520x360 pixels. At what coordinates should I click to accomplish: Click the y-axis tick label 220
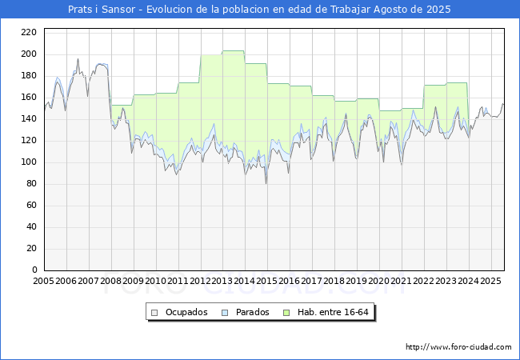point(29,32)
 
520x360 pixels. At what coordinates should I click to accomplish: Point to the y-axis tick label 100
point(29,162)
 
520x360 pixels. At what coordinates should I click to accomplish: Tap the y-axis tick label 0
point(34,270)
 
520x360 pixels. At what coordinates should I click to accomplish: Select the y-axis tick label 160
point(29,97)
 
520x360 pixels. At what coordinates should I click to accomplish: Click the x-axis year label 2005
point(43,281)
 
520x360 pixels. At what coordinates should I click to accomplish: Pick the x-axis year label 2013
point(222,281)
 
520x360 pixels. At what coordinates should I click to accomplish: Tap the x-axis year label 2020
point(378,281)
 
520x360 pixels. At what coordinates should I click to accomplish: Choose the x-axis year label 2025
point(490,281)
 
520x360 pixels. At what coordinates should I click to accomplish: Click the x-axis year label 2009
point(133,281)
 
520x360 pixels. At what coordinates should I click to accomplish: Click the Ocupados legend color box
point(154,313)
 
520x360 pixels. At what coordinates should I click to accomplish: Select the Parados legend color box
point(225,313)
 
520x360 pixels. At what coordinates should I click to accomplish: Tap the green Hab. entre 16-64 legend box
point(286,313)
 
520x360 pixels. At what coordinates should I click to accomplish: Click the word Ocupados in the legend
point(186,312)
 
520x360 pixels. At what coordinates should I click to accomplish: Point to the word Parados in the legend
point(252,312)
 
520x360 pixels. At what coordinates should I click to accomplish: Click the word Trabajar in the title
point(350,10)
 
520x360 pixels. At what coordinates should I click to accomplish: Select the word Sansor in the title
point(118,10)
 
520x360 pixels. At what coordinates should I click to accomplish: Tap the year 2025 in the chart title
point(438,10)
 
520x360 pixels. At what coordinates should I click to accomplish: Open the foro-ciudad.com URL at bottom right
point(458,347)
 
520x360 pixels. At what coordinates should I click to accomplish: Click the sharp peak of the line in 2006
point(78,59)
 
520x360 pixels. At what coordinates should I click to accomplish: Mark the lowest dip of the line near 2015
point(266,183)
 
